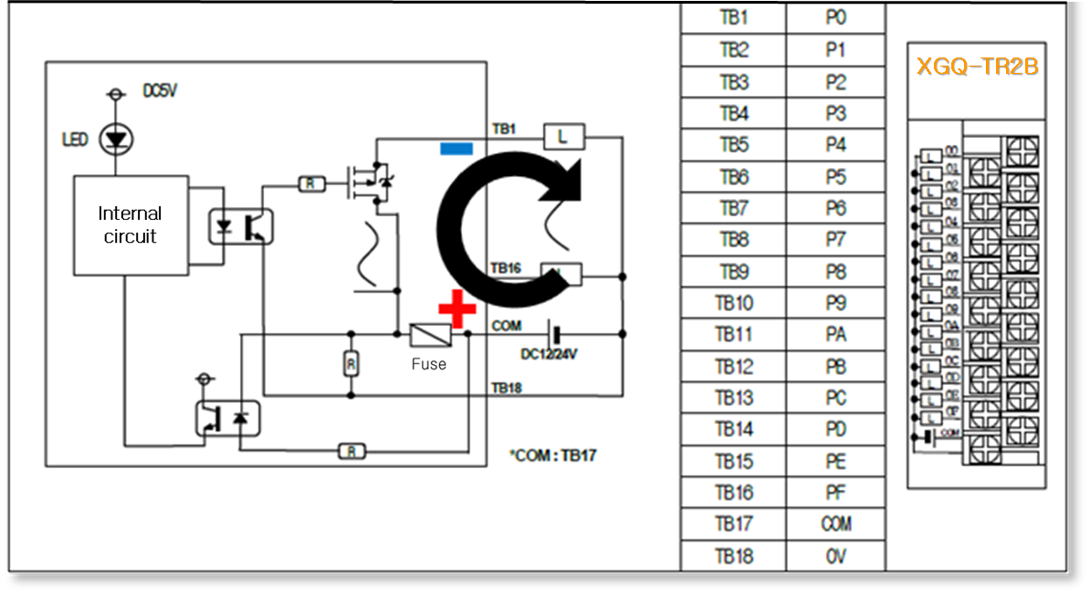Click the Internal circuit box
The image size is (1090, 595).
coord(131,225)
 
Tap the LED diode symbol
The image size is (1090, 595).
coord(115,140)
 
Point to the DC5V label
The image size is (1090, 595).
coord(160,92)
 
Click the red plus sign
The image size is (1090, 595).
coord(456,308)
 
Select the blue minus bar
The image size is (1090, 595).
coord(456,148)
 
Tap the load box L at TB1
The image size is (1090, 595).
coord(564,137)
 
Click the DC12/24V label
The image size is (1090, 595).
coord(550,354)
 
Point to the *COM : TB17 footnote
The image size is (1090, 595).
coord(553,454)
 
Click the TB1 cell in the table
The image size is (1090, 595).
coord(733,19)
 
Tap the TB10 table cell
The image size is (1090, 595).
coord(733,304)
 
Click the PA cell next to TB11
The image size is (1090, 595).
coord(835,335)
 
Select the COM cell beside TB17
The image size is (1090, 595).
coord(835,524)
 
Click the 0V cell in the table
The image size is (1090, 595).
coord(835,556)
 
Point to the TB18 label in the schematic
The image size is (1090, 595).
coord(506,388)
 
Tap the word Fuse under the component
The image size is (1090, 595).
coord(428,364)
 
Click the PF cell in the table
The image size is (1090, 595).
coord(835,493)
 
